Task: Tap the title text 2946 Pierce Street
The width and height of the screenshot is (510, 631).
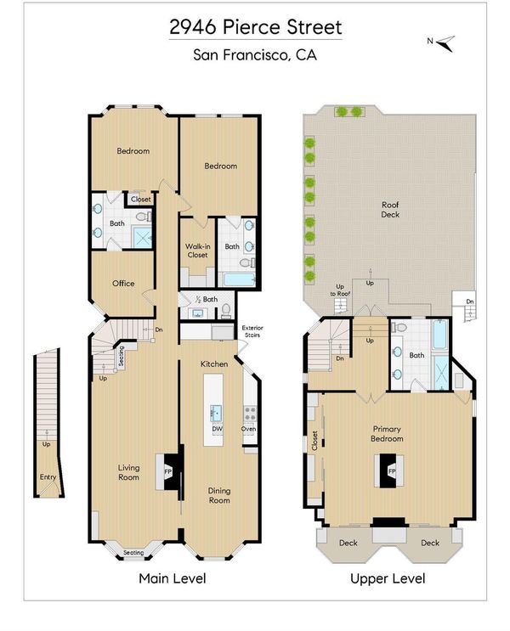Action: (x=255, y=27)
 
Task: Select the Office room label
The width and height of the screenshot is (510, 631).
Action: (x=123, y=284)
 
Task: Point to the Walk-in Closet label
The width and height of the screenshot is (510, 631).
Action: (x=197, y=251)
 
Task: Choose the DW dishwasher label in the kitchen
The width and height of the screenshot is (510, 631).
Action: (x=217, y=429)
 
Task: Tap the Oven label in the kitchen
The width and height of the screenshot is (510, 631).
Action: (x=248, y=429)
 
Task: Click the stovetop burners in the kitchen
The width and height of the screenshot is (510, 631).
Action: (x=250, y=414)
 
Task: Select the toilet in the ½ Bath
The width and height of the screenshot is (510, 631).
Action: (x=226, y=310)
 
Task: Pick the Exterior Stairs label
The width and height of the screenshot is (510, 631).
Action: (x=252, y=331)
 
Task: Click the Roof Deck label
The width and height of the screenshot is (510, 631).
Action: (x=390, y=209)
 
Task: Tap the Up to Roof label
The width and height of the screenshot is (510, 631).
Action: (x=340, y=290)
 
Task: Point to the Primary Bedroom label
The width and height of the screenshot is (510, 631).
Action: (x=387, y=434)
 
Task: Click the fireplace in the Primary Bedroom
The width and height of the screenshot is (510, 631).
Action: (x=389, y=470)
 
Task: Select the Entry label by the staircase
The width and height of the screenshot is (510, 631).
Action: (x=48, y=477)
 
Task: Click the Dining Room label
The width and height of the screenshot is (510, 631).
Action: (x=219, y=495)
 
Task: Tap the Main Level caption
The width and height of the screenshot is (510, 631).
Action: (x=173, y=578)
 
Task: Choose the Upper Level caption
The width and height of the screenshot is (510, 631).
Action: (x=388, y=578)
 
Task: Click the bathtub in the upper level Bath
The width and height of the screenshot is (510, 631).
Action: (x=440, y=335)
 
